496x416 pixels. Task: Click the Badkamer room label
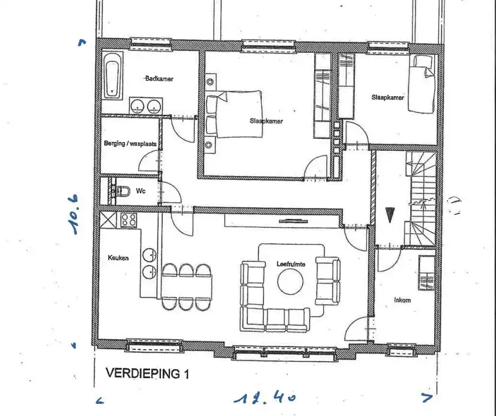point(159,79)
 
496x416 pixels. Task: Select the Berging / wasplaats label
point(130,144)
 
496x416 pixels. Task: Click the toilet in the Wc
point(122,192)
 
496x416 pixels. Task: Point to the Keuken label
point(118,257)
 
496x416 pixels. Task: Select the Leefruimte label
point(291,263)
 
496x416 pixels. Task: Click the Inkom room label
point(402,300)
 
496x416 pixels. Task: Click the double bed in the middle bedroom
point(234,114)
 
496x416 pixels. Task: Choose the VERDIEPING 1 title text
point(147,373)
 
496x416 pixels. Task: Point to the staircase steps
point(422,198)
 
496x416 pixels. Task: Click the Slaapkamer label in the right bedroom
point(387,97)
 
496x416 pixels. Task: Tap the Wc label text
point(141,191)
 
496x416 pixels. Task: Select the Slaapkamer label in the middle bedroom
point(266,121)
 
